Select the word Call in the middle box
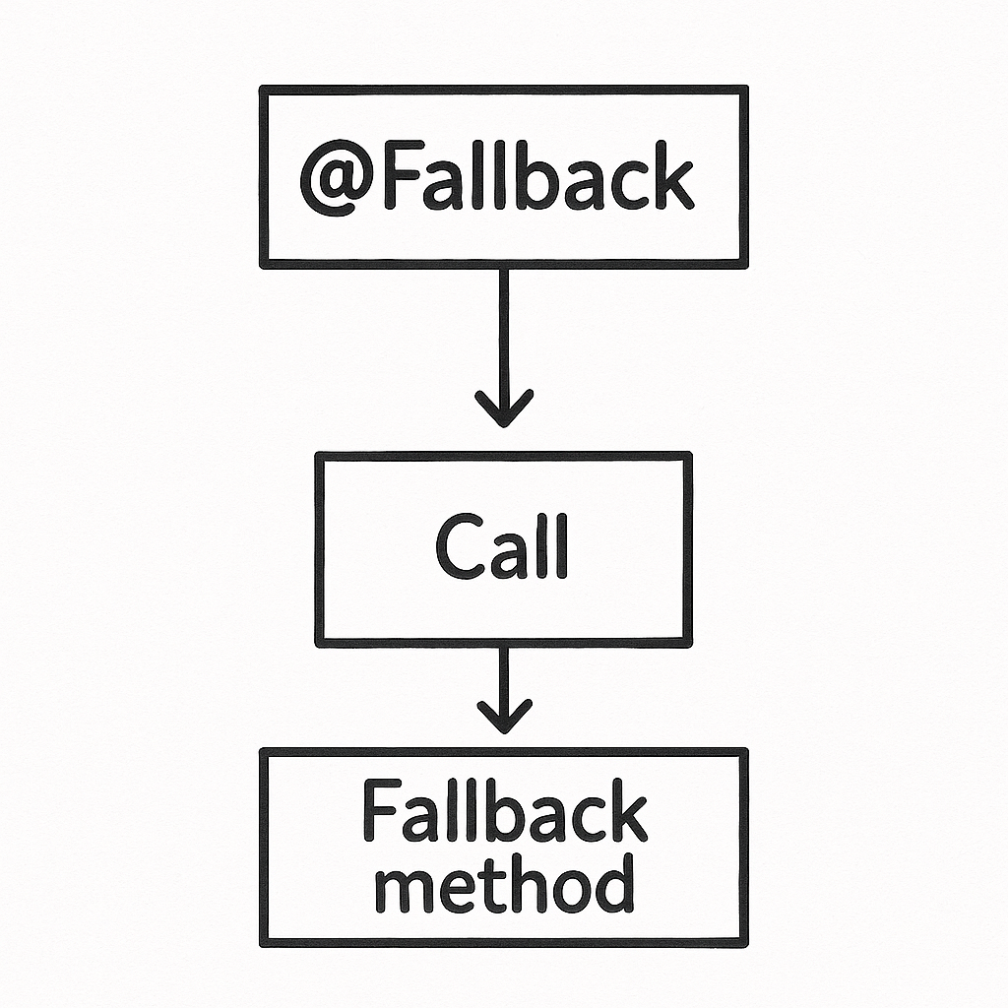(x=502, y=547)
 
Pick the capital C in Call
(x=458, y=547)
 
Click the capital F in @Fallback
(x=399, y=178)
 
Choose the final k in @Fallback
(x=671, y=177)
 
